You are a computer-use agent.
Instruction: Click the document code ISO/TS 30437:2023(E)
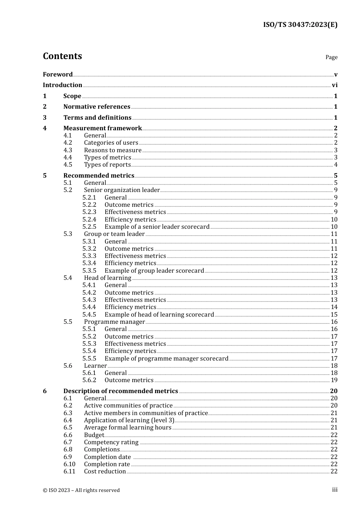[x=300, y=25]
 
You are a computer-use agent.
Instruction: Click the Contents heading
[x=62, y=56]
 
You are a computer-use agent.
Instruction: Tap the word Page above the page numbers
[x=331, y=57]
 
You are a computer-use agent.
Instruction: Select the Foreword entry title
[x=58, y=74]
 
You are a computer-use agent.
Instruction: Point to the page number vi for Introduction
[x=335, y=85]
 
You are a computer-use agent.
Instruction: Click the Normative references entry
[x=97, y=107]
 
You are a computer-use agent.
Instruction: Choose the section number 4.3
[x=68, y=150]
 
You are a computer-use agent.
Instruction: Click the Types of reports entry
[x=107, y=165]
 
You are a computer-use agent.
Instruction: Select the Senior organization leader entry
[x=122, y=190]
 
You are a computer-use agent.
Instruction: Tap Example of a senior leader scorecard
[x=157, y=227]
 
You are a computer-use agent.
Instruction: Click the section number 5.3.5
[x=89, y=271]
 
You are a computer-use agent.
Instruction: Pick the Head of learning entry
[x=108, y=278]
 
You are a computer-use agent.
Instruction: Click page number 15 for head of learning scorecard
[x=334, y=315]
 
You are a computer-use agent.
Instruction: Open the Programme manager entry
[x=114, y=322]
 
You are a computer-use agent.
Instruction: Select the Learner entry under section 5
[x=95, y=366]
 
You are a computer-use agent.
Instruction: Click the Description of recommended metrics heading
[x=121, y=391]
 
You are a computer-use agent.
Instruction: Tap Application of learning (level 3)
[x=129, y=420]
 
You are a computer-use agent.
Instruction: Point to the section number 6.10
[x=69, y=464]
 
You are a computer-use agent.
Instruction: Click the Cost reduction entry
[x=105, y=472]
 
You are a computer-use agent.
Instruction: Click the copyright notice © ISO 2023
[x=81, y=490]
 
